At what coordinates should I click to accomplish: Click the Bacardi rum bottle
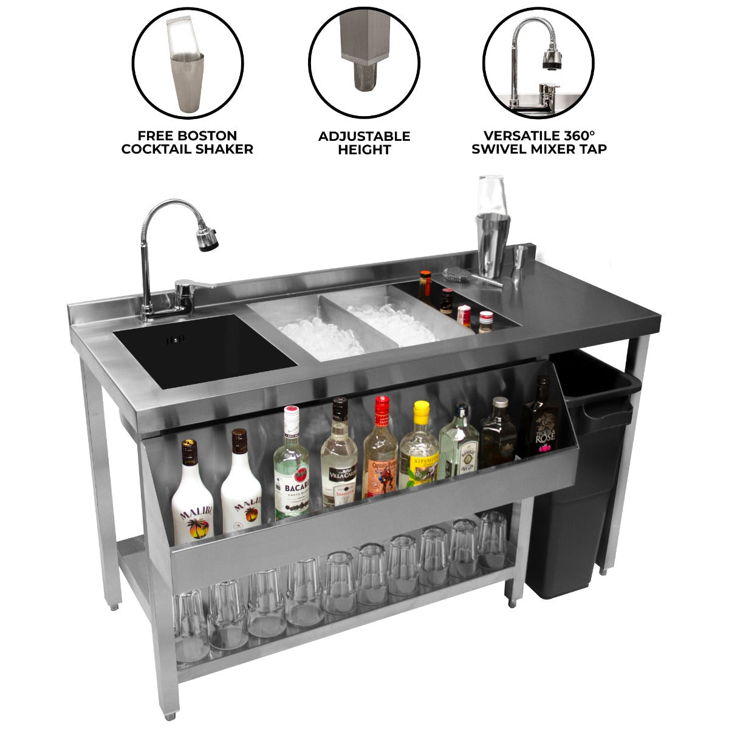[291, 468]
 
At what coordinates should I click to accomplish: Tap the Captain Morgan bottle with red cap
[380, 453]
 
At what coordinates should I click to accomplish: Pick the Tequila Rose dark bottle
[537, 422]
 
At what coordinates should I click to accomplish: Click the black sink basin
[204, 349]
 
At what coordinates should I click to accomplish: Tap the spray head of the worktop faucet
[207, 239]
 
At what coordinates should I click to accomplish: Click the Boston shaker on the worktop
[491, 234]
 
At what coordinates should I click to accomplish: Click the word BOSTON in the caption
[211, 136]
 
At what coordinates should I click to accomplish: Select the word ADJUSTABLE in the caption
[364, 136]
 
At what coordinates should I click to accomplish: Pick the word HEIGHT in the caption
[364, 149]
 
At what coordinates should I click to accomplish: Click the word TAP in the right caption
[593, 149]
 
